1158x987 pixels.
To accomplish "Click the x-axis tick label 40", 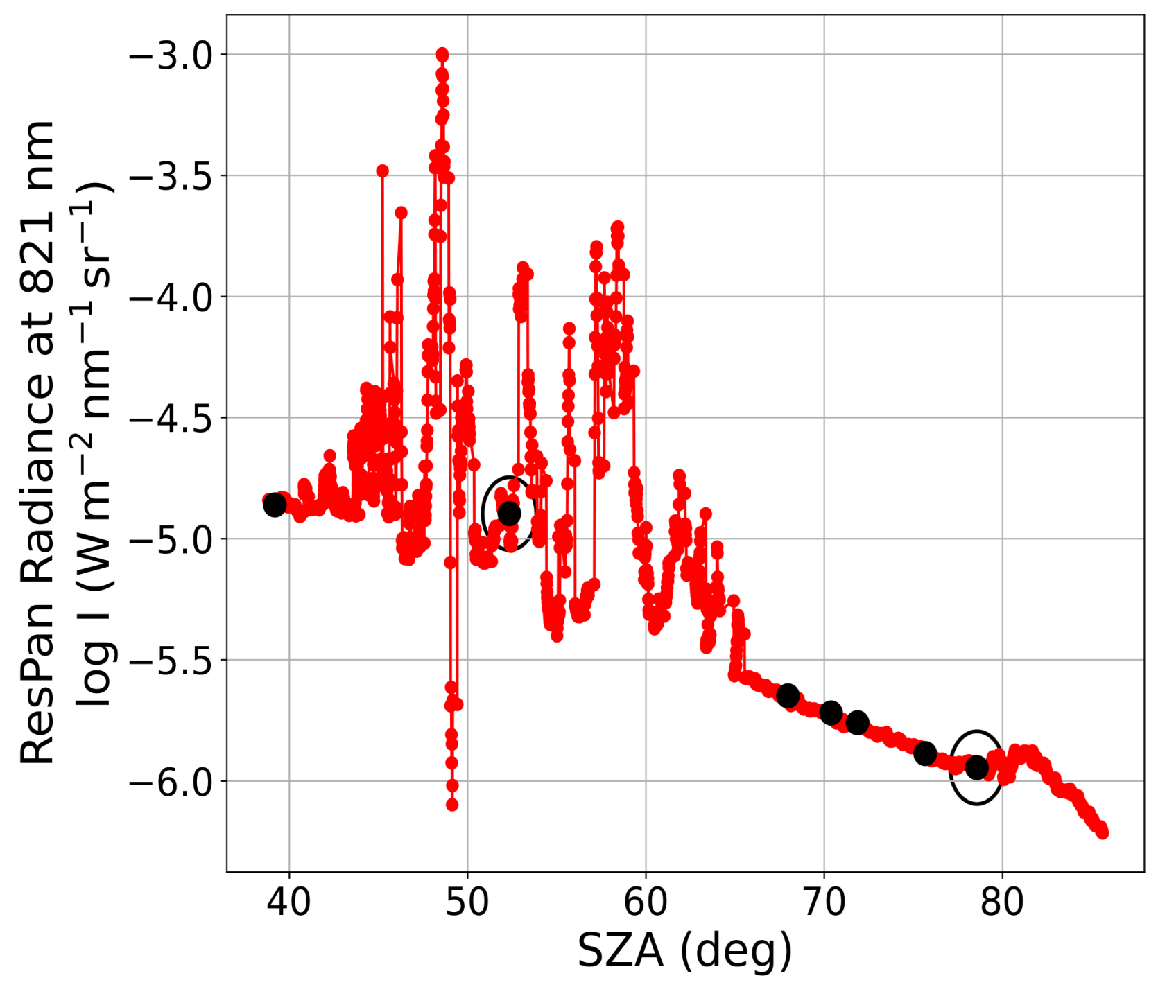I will [289, 902].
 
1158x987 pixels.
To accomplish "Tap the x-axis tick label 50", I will [467, 902].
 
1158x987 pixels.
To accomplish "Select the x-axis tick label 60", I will [646, 902].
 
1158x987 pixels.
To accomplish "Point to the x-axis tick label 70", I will [824, 902].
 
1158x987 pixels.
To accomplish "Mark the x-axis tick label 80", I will [1002, 902].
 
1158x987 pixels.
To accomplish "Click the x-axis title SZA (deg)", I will [684, 951].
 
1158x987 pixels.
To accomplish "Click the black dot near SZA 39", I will [275, 505].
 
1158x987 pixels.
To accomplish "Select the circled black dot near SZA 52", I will [510, 514].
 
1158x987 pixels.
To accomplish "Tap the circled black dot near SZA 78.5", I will [977, 767].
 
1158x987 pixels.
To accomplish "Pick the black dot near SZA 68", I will [788, 695].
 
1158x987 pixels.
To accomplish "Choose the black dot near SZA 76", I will [925, 753].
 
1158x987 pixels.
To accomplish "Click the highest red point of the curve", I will [442, 54].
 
